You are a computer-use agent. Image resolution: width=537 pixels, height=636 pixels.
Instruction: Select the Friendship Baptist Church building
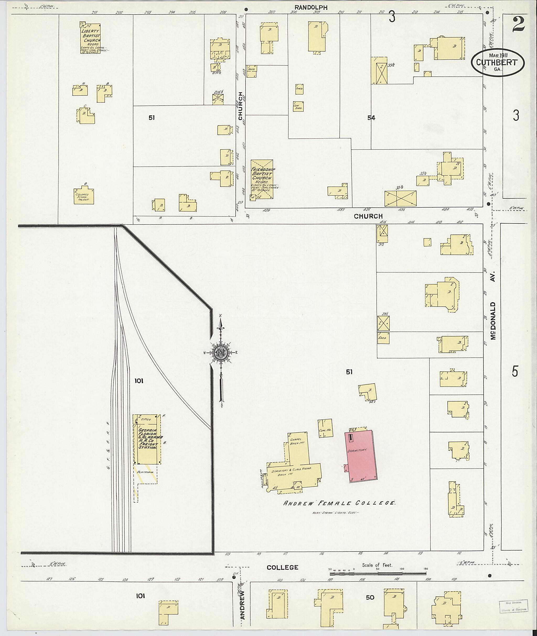[x=262, y=179]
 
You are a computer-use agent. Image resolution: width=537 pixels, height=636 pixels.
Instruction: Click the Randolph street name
[x=310, y=8]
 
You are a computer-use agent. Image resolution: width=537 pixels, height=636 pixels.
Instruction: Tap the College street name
[x=282, y=567]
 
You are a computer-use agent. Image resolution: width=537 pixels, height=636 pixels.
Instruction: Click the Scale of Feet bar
[x=378, y=573]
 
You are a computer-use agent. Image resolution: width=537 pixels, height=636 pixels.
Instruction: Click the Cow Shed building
[x=298, y=106]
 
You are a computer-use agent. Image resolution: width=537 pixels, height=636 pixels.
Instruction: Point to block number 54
[x=371, y=118]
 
